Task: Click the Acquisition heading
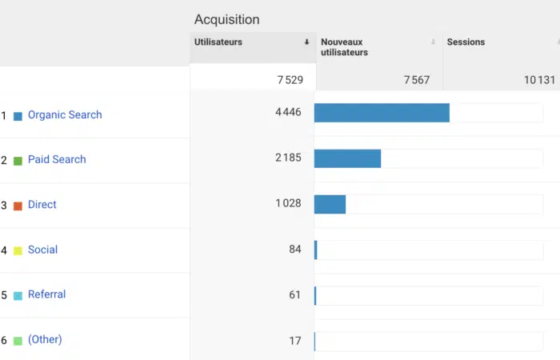(x=226, y=19)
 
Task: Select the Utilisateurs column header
(x=218, y=42)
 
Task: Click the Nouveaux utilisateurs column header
(x=345, y=46)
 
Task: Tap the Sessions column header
(x=466, y=42)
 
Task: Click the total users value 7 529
(x=290, y=79)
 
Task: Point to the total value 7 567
(x=417, y=79)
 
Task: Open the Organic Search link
(x=65, y=114)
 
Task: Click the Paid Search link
(x=57, y=159)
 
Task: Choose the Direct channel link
(x=42, y=204)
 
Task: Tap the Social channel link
(x=42, y=250)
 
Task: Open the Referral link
(x=46, y=294)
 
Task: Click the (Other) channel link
(x=45, y=339)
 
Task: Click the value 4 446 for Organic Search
(x=288, y=112)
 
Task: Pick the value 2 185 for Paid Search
(x=288, y=158)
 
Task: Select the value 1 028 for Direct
(x=288, y=203)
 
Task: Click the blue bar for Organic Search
(x=382, y=113)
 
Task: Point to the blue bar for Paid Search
(x=347, y=158)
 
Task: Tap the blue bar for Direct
(x=330, y=204)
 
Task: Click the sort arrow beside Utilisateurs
(x=306, y=42)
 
